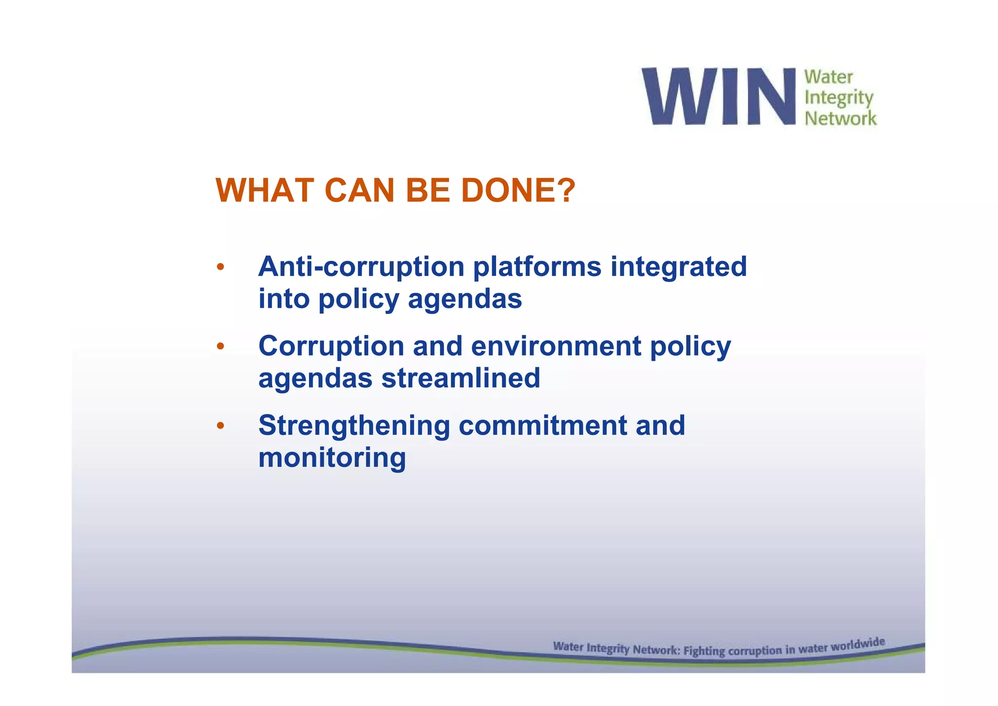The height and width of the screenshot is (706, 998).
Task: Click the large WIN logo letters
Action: point(718,96)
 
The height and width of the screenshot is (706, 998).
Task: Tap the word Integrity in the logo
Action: point(838,98)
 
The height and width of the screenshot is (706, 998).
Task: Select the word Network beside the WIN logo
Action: point(840,118)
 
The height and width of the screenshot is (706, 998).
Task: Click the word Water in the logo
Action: point(828,77)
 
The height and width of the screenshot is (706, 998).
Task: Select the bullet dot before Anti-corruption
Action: point(220,267)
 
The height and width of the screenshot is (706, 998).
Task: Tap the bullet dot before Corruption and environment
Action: point(220,347)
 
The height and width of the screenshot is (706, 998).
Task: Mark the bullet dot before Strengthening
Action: point(220,426)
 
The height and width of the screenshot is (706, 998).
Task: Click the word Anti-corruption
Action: point(361,267)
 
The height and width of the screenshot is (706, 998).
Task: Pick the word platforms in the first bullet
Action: point(537,268)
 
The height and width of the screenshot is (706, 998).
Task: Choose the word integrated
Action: point(678,268)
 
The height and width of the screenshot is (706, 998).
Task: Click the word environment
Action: point(556,346)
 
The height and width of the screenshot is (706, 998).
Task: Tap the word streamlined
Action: point(461,378)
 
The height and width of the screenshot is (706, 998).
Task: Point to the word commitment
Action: point(542,426)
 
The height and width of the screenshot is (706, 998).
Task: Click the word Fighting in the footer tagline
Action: point(704,651)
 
